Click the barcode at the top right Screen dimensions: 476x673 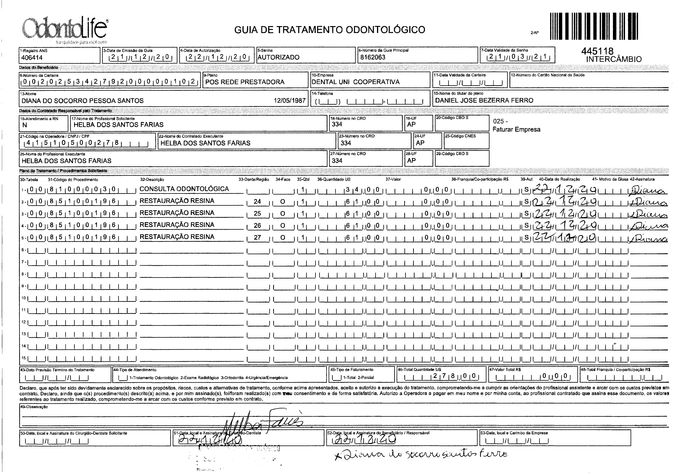594,26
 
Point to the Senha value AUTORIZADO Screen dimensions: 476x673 278,57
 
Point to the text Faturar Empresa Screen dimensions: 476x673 516,130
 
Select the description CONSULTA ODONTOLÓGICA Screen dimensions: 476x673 184,189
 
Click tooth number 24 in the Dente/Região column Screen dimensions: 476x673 257,202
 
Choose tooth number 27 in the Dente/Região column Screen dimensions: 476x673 257,237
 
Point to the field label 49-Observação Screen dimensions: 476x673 34,407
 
